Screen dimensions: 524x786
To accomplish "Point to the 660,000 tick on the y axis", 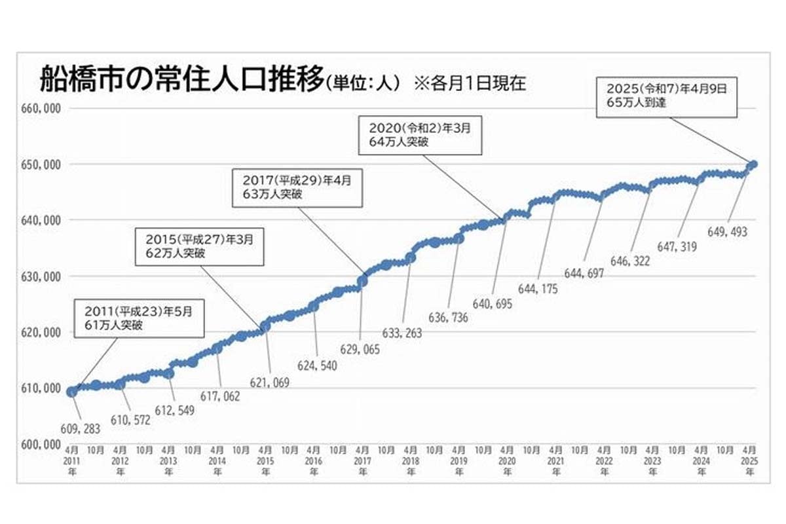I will (x=42, y=108).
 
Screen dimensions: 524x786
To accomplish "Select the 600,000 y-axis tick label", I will (x=42, y=444).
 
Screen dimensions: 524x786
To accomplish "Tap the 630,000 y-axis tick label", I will (x=42, y=276).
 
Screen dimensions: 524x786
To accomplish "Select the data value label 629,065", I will (x=360, y=350).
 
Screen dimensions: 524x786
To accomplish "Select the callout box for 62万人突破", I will (x=199, y=246).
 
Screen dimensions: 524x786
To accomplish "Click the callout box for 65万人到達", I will (x=666, y=97).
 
